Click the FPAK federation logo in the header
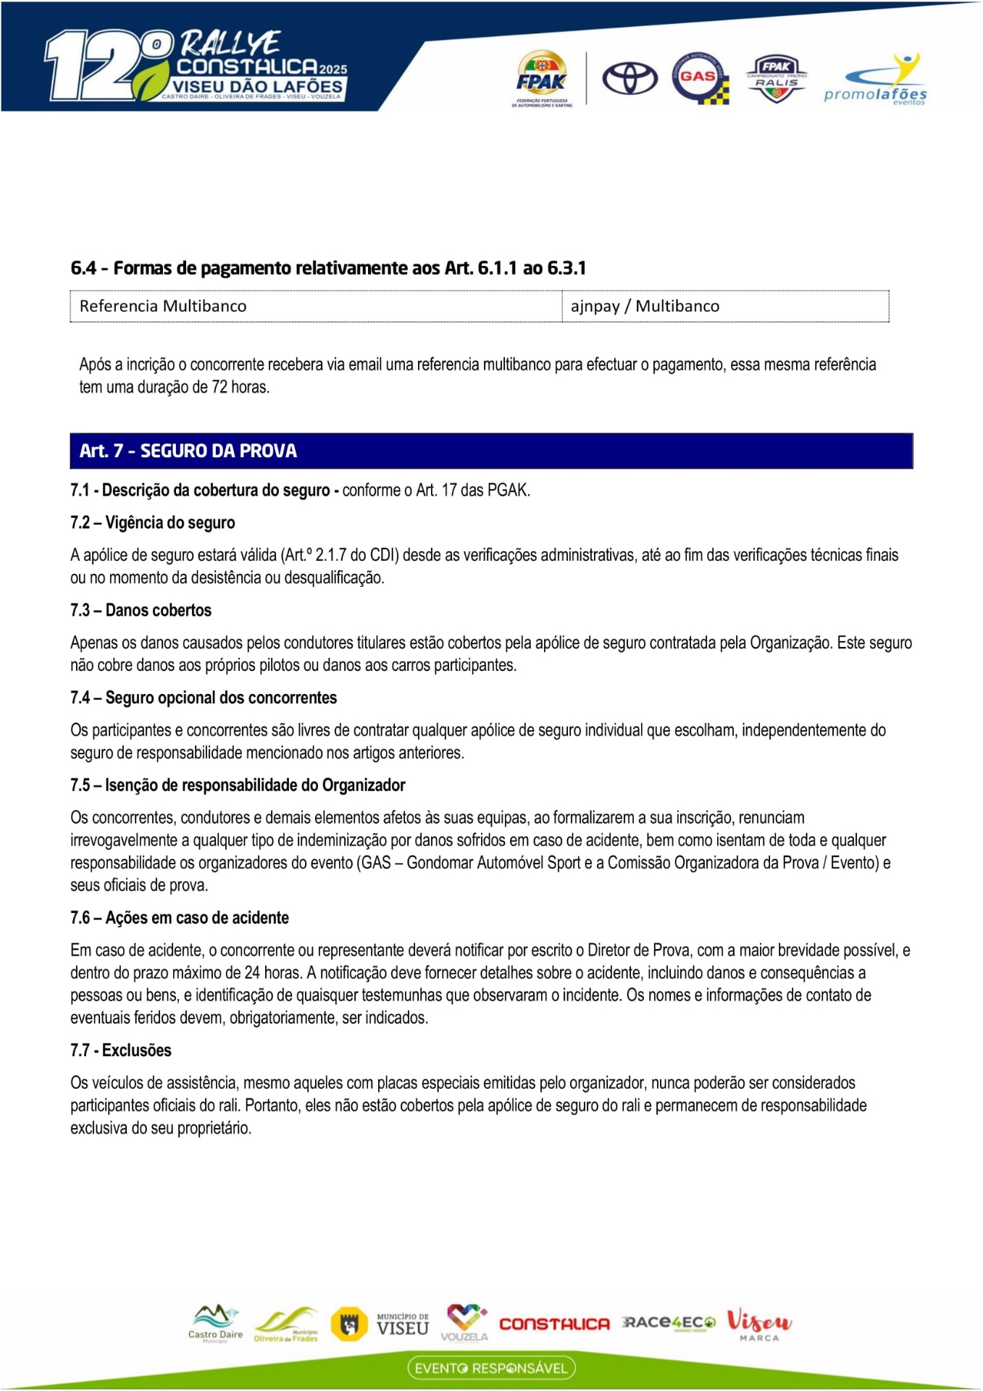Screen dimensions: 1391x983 (x=542, y=78)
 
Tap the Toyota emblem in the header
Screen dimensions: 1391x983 (x=630, y=78)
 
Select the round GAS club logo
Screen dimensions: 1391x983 (x=699, y=78)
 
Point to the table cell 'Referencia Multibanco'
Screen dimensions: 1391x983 (x=163, y=306)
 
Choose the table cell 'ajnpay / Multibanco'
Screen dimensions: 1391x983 (x=645, y=306)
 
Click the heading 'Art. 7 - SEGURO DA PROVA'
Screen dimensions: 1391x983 (x=188, y=451)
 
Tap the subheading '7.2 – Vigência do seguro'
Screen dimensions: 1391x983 (x=153, y=522)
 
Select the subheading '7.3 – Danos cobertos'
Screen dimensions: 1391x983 (x=141, y=610)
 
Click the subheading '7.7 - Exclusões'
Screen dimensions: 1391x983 (x=121, y=1050)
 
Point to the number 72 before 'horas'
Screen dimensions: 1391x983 (x=219, y=387)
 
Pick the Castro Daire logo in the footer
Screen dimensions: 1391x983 (x=215, y=1324)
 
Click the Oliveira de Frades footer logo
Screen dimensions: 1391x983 (x=287, y=1325)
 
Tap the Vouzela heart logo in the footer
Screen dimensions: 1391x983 (x=465, y=1322)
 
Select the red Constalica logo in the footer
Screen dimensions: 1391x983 (x=554, y=1324)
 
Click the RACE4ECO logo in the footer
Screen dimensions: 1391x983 (x=669, y=1323)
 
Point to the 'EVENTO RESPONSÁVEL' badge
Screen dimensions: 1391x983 (x=491, y=1368)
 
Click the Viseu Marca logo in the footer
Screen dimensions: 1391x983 (x=759, y=1324)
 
